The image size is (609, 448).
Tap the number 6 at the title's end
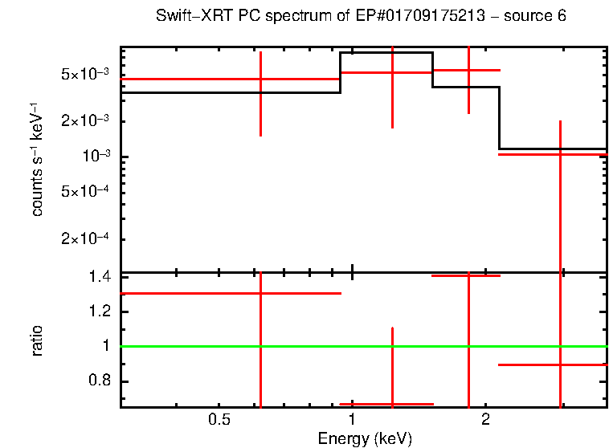coord(562,18)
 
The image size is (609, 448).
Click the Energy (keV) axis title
coord(365,438)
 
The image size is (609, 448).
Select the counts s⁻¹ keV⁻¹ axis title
coord(36,161)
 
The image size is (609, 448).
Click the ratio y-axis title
coord(36,341)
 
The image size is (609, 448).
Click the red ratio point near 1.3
coord(260,293)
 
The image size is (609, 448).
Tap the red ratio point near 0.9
coord(560,365)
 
